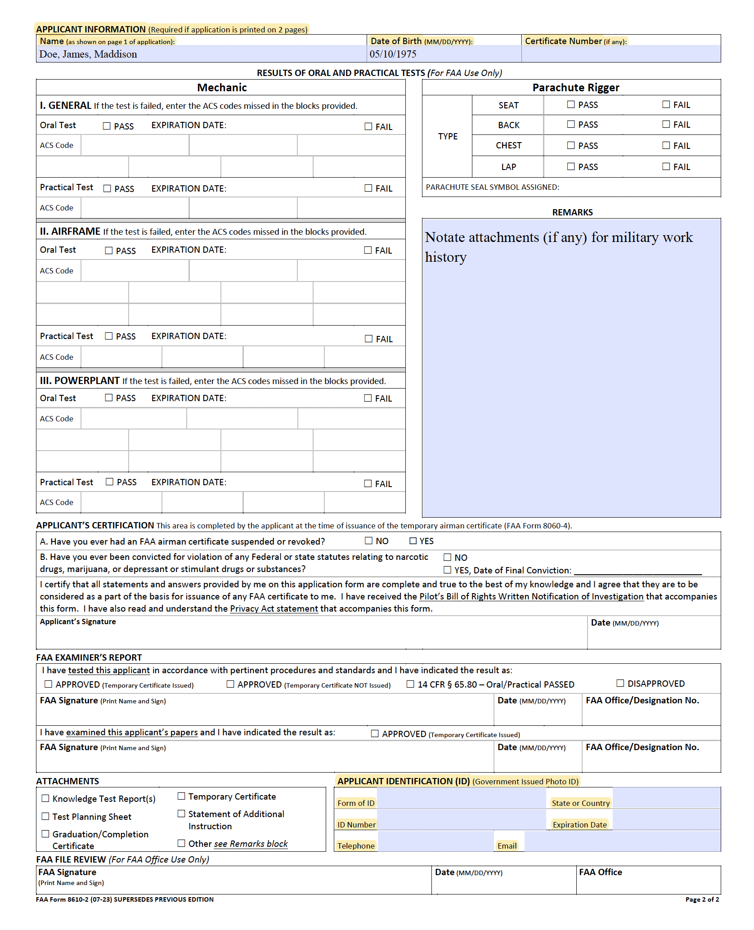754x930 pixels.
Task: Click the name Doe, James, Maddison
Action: tap(88, 54)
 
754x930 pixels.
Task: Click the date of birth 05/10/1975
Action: tap(393, 54)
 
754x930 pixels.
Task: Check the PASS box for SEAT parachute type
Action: tap(571, 104)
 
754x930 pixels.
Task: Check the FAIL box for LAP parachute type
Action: tap(666, 166)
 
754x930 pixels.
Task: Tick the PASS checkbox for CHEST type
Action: tap(571, 145)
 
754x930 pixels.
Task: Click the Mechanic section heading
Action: tap(221, 87)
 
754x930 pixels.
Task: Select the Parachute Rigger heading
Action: tap(575, 87)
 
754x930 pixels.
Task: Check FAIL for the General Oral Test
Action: tap(368, 127)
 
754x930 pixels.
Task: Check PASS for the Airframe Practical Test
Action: tap(109, 336)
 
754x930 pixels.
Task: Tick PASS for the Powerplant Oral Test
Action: tap(109, 398)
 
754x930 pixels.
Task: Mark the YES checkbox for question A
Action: tap(413, 541)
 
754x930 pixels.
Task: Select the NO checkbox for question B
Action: tap(447, 557)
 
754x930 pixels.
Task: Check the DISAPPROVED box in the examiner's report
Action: tap(620, 683)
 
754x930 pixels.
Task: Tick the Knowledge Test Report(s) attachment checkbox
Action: tap(45, 798)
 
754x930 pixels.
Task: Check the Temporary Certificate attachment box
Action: tap(181, 796)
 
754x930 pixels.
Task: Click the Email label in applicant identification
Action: tap(507, 845)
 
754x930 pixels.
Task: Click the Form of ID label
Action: tap(355, 803)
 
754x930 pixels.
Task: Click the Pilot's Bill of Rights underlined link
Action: tap(531, 596)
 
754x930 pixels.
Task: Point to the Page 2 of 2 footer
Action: tap(701, 899)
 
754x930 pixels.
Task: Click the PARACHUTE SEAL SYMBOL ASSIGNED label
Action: tap(492, 187)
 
